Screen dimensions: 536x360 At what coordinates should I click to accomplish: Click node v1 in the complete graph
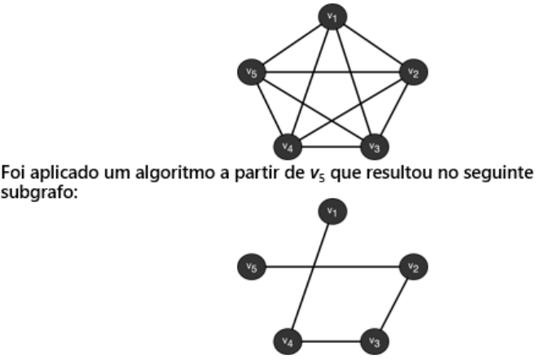coord(332,17)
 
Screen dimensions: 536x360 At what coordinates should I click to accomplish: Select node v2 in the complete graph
coord(412,72)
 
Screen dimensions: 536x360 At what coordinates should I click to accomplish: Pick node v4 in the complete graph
coord(286,146)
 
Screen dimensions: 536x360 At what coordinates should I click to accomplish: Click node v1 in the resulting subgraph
coord(332,212)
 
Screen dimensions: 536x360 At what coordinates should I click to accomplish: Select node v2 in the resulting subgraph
coord(412,266)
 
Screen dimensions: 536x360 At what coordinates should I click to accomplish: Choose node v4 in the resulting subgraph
coord(286,338)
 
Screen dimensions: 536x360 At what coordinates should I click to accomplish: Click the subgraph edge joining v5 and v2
coord(358,266)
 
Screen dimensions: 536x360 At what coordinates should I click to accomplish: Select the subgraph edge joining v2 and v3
coord(394,302)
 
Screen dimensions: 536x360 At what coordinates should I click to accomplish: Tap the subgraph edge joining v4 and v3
coord(331,338)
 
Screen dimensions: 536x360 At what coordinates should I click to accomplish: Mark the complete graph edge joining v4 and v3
coord(331,147)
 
